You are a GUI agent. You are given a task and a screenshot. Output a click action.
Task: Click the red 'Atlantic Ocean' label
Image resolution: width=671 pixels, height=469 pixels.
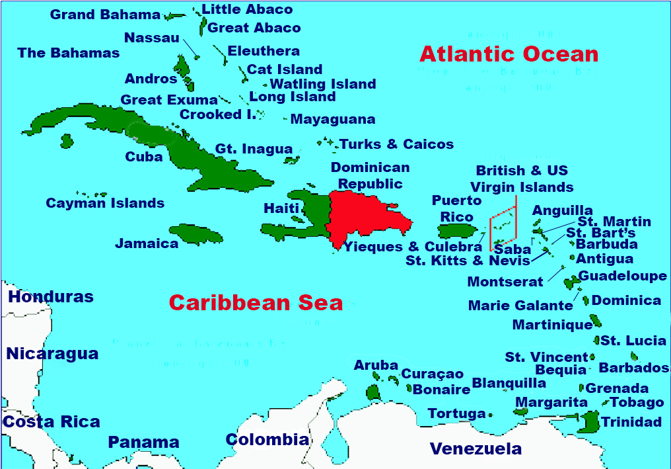pos(509,54)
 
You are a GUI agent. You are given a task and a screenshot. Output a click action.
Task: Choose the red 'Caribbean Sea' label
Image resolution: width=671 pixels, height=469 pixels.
pos(256,302)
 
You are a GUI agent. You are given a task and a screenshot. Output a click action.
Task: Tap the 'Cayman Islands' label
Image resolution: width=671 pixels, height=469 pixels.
pos(105,203)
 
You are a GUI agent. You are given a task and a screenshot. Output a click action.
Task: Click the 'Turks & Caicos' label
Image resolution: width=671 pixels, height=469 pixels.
pos(396,144)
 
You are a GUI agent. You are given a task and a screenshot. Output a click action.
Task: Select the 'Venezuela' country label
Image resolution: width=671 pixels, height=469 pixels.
pos(476,449)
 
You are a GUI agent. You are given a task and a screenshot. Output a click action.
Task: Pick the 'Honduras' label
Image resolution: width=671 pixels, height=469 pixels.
pos(51,297)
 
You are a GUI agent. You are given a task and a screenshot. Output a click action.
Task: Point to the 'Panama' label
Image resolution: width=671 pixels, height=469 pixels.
pos(143,442)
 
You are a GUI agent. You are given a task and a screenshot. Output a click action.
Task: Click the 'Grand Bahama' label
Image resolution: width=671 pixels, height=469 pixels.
pos(105,15)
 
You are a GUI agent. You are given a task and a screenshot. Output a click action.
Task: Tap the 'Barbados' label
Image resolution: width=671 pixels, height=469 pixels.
pos(633,368)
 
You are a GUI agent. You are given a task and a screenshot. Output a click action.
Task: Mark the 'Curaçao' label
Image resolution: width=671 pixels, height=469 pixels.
pos(433,374)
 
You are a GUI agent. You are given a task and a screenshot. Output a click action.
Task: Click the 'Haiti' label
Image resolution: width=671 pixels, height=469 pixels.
pos(281,208)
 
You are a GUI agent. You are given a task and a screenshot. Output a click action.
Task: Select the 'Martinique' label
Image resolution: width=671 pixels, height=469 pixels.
pos(552,325)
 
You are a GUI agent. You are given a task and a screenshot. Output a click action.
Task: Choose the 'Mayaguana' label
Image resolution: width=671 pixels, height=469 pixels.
pos(333,120)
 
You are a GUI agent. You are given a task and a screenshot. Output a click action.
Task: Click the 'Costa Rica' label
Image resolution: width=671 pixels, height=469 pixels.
pos(52,422)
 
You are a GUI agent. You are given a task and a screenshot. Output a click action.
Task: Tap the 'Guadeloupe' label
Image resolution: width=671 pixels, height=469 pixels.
pos(622,276)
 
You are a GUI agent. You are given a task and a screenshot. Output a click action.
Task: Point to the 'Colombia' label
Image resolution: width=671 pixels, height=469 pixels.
pos(267,439)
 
